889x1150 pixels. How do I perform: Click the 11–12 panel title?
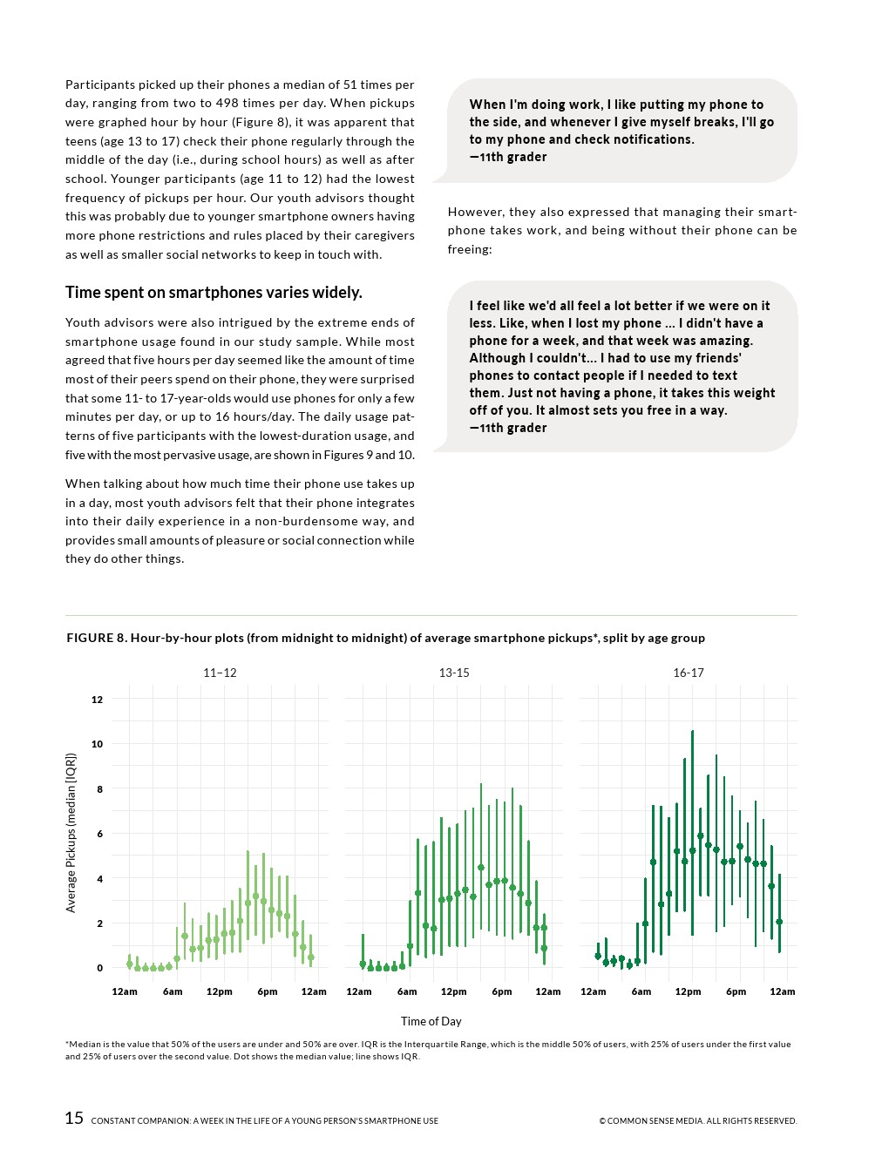220,673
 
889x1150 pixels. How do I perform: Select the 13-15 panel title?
454,673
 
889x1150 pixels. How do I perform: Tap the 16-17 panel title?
689,673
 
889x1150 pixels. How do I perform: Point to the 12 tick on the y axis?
97,700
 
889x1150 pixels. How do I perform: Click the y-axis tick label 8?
99,789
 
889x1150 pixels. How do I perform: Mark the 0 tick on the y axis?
99,968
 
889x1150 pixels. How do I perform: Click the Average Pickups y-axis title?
71,833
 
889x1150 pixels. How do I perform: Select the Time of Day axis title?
431,1021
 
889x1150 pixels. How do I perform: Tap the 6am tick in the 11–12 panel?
173,991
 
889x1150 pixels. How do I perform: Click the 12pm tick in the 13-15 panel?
453,991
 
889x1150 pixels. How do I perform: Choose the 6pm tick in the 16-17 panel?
736,991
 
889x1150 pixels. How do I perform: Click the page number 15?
74,1119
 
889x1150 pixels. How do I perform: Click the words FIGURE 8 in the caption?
96,638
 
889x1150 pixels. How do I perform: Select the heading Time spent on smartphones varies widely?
214,293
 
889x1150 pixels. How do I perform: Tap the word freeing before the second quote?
470,249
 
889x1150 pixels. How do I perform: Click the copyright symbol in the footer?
602,1121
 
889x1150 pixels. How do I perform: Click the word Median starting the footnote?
85,1044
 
